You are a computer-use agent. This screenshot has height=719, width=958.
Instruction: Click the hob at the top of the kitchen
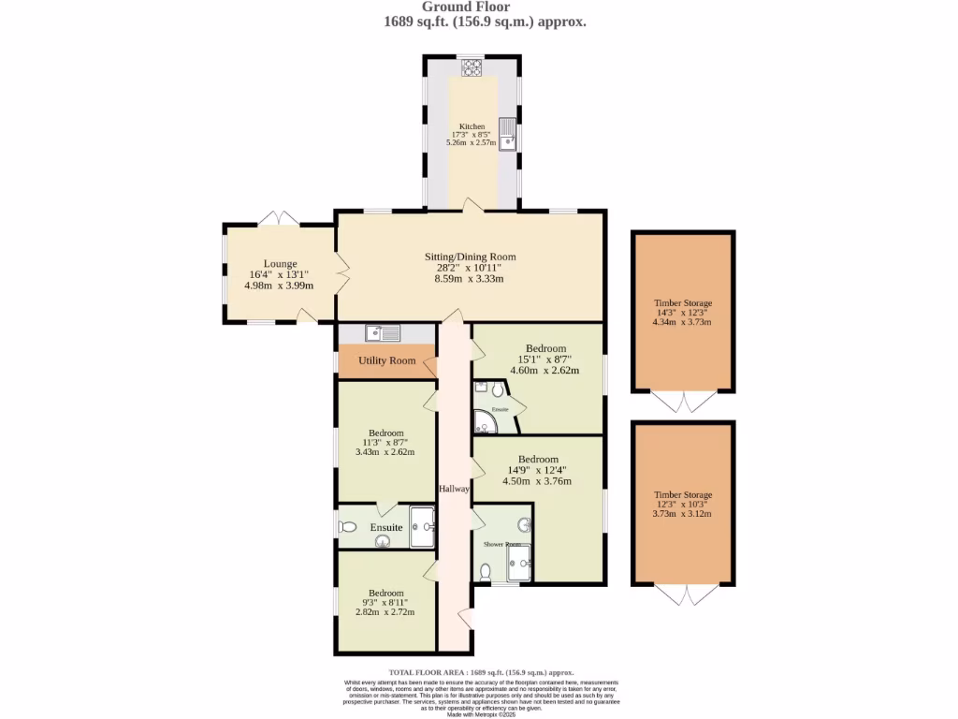point(471,67)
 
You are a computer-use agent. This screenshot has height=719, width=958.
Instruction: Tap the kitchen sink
point(506,133)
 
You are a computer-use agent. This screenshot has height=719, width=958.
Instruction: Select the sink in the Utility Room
point(384,332)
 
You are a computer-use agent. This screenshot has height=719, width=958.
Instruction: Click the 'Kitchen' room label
point(472,126)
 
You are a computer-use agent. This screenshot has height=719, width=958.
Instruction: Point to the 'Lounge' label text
point(280,263)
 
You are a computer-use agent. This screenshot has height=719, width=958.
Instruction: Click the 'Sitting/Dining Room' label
point(470,257)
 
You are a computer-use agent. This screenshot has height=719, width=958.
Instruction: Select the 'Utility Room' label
point(386,360)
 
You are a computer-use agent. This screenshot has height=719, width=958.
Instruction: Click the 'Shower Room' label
point(501,544)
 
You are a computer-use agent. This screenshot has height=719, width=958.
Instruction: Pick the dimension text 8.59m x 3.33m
point(469,279)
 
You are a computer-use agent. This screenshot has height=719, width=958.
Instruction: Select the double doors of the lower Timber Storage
point(682,594)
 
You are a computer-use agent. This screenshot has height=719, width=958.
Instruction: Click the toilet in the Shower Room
point(485,571)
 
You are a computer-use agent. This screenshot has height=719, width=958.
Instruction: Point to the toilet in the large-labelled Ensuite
point(348,527)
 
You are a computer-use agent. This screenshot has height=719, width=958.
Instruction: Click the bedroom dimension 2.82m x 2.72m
point(385,612)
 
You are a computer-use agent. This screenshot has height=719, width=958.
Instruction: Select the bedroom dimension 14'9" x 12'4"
point(539,470)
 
